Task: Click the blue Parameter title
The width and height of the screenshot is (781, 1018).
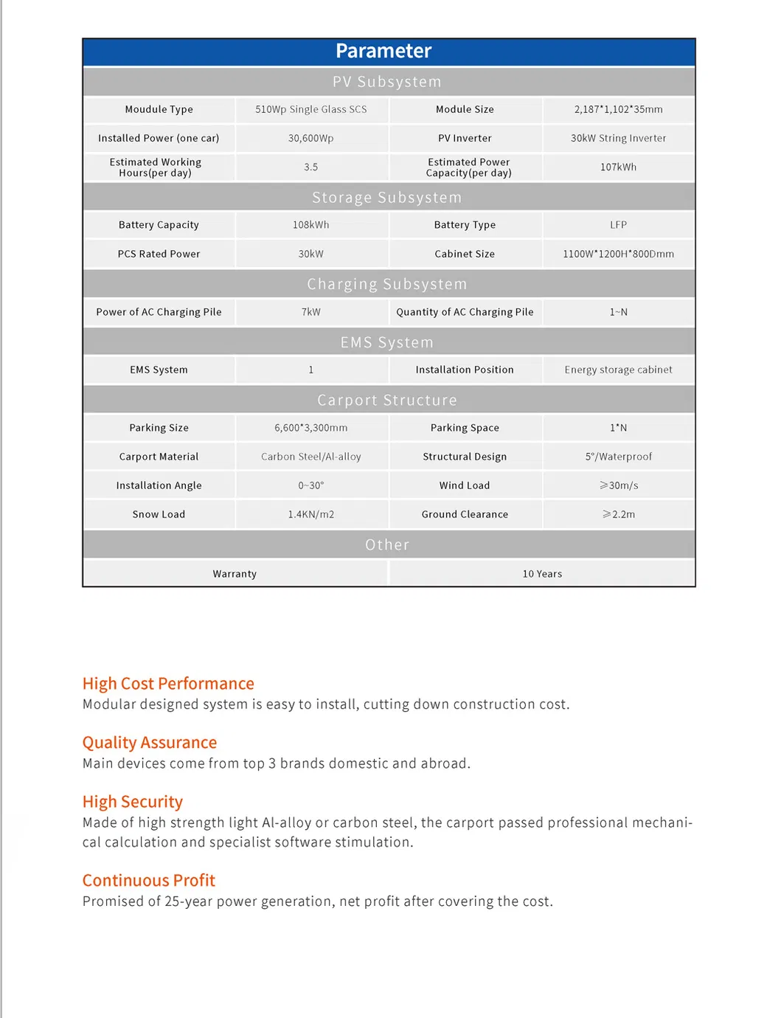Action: pyautogui.click(x=383, y=51)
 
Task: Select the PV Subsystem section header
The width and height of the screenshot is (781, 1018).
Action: pyautogui.click(x=386, y=82)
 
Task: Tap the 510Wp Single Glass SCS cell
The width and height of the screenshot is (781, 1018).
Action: pyautogui.click(x=311, y=109)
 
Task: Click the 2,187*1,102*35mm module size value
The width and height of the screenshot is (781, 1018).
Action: pyautogui.click(x=618, y=109)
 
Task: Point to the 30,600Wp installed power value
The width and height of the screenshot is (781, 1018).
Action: pyautogui.click(x=311, y=138)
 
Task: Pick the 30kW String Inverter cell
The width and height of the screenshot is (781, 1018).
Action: pyautogui.click(x=618, y=138)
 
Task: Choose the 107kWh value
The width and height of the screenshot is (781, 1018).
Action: pyautogui.click(x=618, y=167)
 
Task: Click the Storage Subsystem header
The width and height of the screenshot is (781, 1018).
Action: pyautogui.click(x=386, y=198)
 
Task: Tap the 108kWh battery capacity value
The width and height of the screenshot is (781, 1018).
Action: pyautogui.click(x=311, y=225)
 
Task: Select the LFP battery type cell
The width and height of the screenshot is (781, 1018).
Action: pyautogui.click(x=618, y=225)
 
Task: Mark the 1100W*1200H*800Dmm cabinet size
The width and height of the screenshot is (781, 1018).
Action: pyautogui.click(x=618, y=254)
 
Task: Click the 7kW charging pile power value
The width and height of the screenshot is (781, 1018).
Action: pyautogui.click(x=311, y=312)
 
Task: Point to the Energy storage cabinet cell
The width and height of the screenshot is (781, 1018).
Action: pyautogui.click(x=618, y=370)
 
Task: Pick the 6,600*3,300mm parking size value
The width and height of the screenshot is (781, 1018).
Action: pyautogui.click(x=311, y=428)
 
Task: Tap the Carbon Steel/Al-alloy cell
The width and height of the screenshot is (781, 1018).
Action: pyautogui.click(x=311, y=457)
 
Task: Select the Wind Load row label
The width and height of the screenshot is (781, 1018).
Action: pyautogui.click(x=465, y=485)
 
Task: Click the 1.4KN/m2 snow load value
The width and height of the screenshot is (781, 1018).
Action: pyautogui.click(x=311, y=514)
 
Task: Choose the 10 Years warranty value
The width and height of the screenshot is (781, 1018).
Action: pyautogui.click(x=542, y=574)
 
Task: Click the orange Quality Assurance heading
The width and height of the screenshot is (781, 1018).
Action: pyautogui.click(x=150, y=742)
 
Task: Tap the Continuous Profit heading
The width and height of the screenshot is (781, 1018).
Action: pyautogui.click(x=149, y=880)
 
